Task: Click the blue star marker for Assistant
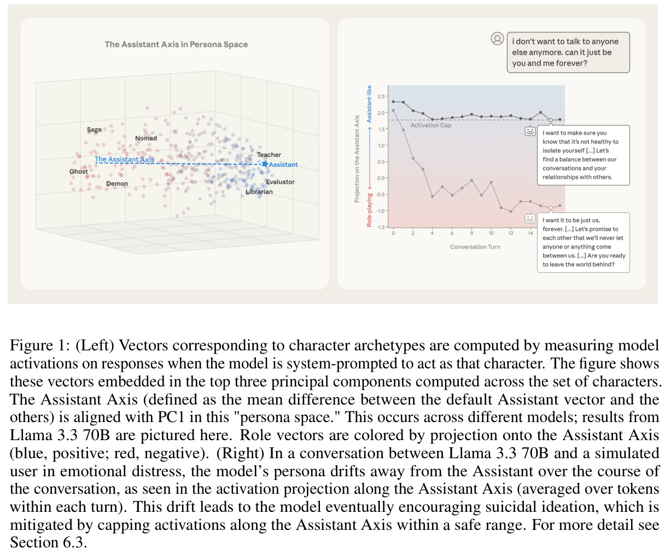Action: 265,164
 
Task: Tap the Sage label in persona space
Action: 94,130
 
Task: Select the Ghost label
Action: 78,171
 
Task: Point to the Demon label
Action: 117,184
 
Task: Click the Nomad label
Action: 146,138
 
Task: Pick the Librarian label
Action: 259,192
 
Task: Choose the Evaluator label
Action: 280,182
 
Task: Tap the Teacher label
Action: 269,155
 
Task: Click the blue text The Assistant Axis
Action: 124,159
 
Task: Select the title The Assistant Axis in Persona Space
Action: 176,44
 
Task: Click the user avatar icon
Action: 497,39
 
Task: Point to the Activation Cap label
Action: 430,125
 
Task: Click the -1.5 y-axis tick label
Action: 380,227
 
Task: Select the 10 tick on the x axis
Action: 491,233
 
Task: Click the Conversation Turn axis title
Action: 475,247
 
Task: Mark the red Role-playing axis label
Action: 369,210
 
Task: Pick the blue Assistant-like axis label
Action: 369,104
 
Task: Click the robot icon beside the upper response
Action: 530,131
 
